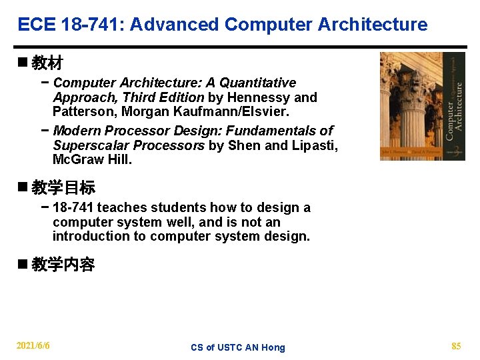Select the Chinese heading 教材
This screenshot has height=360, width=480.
[47, 63]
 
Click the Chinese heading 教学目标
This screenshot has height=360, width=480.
[63, 188]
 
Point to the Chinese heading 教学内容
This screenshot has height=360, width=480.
[63, 265]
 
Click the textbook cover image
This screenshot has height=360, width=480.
[422, 106]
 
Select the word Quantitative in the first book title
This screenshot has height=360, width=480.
[258, 83]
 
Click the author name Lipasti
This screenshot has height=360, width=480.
[315, 145]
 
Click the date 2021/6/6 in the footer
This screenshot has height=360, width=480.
[33, 346]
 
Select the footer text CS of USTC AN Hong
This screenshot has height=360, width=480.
[237, 347]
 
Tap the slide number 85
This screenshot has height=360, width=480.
[456, 346]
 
